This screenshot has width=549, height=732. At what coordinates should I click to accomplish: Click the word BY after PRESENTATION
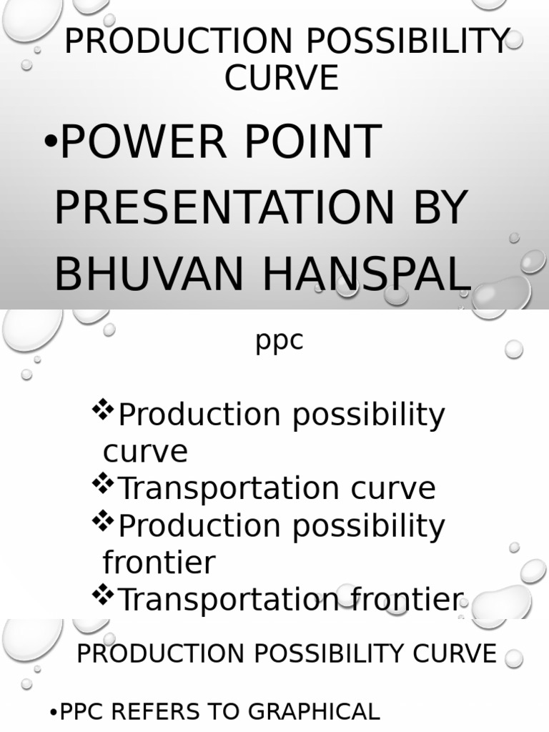(x=437, y=208)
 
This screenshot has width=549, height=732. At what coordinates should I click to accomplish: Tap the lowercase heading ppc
(x=280, y=341)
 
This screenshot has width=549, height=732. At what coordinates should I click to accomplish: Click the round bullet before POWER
(x=50, y=142)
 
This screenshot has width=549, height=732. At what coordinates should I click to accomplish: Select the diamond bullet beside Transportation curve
(x=104, y=485)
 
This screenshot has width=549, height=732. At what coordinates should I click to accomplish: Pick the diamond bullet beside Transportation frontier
(x=104, y=595)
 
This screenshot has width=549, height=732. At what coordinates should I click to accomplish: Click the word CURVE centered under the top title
(x=281, y=78)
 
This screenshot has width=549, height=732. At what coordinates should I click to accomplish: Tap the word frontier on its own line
(x=159, y=563)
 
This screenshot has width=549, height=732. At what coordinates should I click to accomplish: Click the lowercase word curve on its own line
(x=145, y=452)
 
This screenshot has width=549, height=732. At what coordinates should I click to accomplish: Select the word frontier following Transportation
(x=400, y=600)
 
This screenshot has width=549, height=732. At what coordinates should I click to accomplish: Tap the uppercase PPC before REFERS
(x=82, y=712)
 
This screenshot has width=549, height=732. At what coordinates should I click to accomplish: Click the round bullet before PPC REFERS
(x=53, y=713)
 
